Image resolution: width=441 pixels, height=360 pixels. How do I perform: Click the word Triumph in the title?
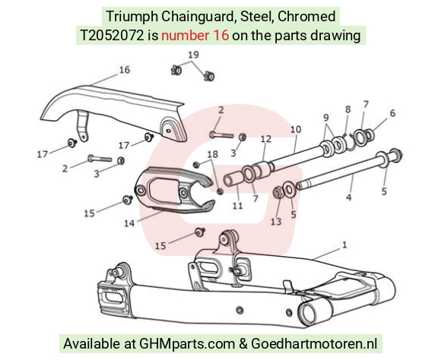pyautogui.click(x=132, y=16)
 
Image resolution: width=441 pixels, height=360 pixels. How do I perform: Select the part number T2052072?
pyautogui.click(x=112, y=36)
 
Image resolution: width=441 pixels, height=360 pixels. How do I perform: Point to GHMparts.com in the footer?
pyautogui.click(x=187, y=343)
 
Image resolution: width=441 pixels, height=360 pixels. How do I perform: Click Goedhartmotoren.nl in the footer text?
pyautogui.click(x=313, y=343)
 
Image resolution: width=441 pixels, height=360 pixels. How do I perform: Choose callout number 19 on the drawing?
pyautogui.click(x=193, y=55)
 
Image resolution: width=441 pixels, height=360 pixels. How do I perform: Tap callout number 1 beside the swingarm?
pyautogui.click(x=344, y=245)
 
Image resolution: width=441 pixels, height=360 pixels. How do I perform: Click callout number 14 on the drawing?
pyautogui.click(x=129, y=223)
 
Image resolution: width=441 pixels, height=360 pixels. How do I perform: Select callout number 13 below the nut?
pyautogui.click(x=276, y=222)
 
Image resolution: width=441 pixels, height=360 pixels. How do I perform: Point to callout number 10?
pyautogui.click(x=296, y=129)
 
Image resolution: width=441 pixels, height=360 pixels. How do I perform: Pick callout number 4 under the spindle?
pyautogui.click(x=349, y=197)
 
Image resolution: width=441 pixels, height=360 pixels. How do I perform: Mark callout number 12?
pyautogui.click(x=266, y=139)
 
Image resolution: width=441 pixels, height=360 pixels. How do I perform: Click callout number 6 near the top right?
pyautogui.click(x=392, y=113)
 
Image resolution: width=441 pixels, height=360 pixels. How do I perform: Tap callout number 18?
pyautogui.click(x=213, y=154)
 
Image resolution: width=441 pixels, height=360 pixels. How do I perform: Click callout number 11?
pyautogui.click(x=238, y=206)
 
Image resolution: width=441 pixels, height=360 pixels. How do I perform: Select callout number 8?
pyautogui.click(x=348, y=109)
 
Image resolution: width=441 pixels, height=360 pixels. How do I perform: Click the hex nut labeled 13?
pyautogui.click(x=278, y=192)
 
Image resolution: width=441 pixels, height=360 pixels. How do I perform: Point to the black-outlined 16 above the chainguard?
pyautogui.click(x=125, y=69)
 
